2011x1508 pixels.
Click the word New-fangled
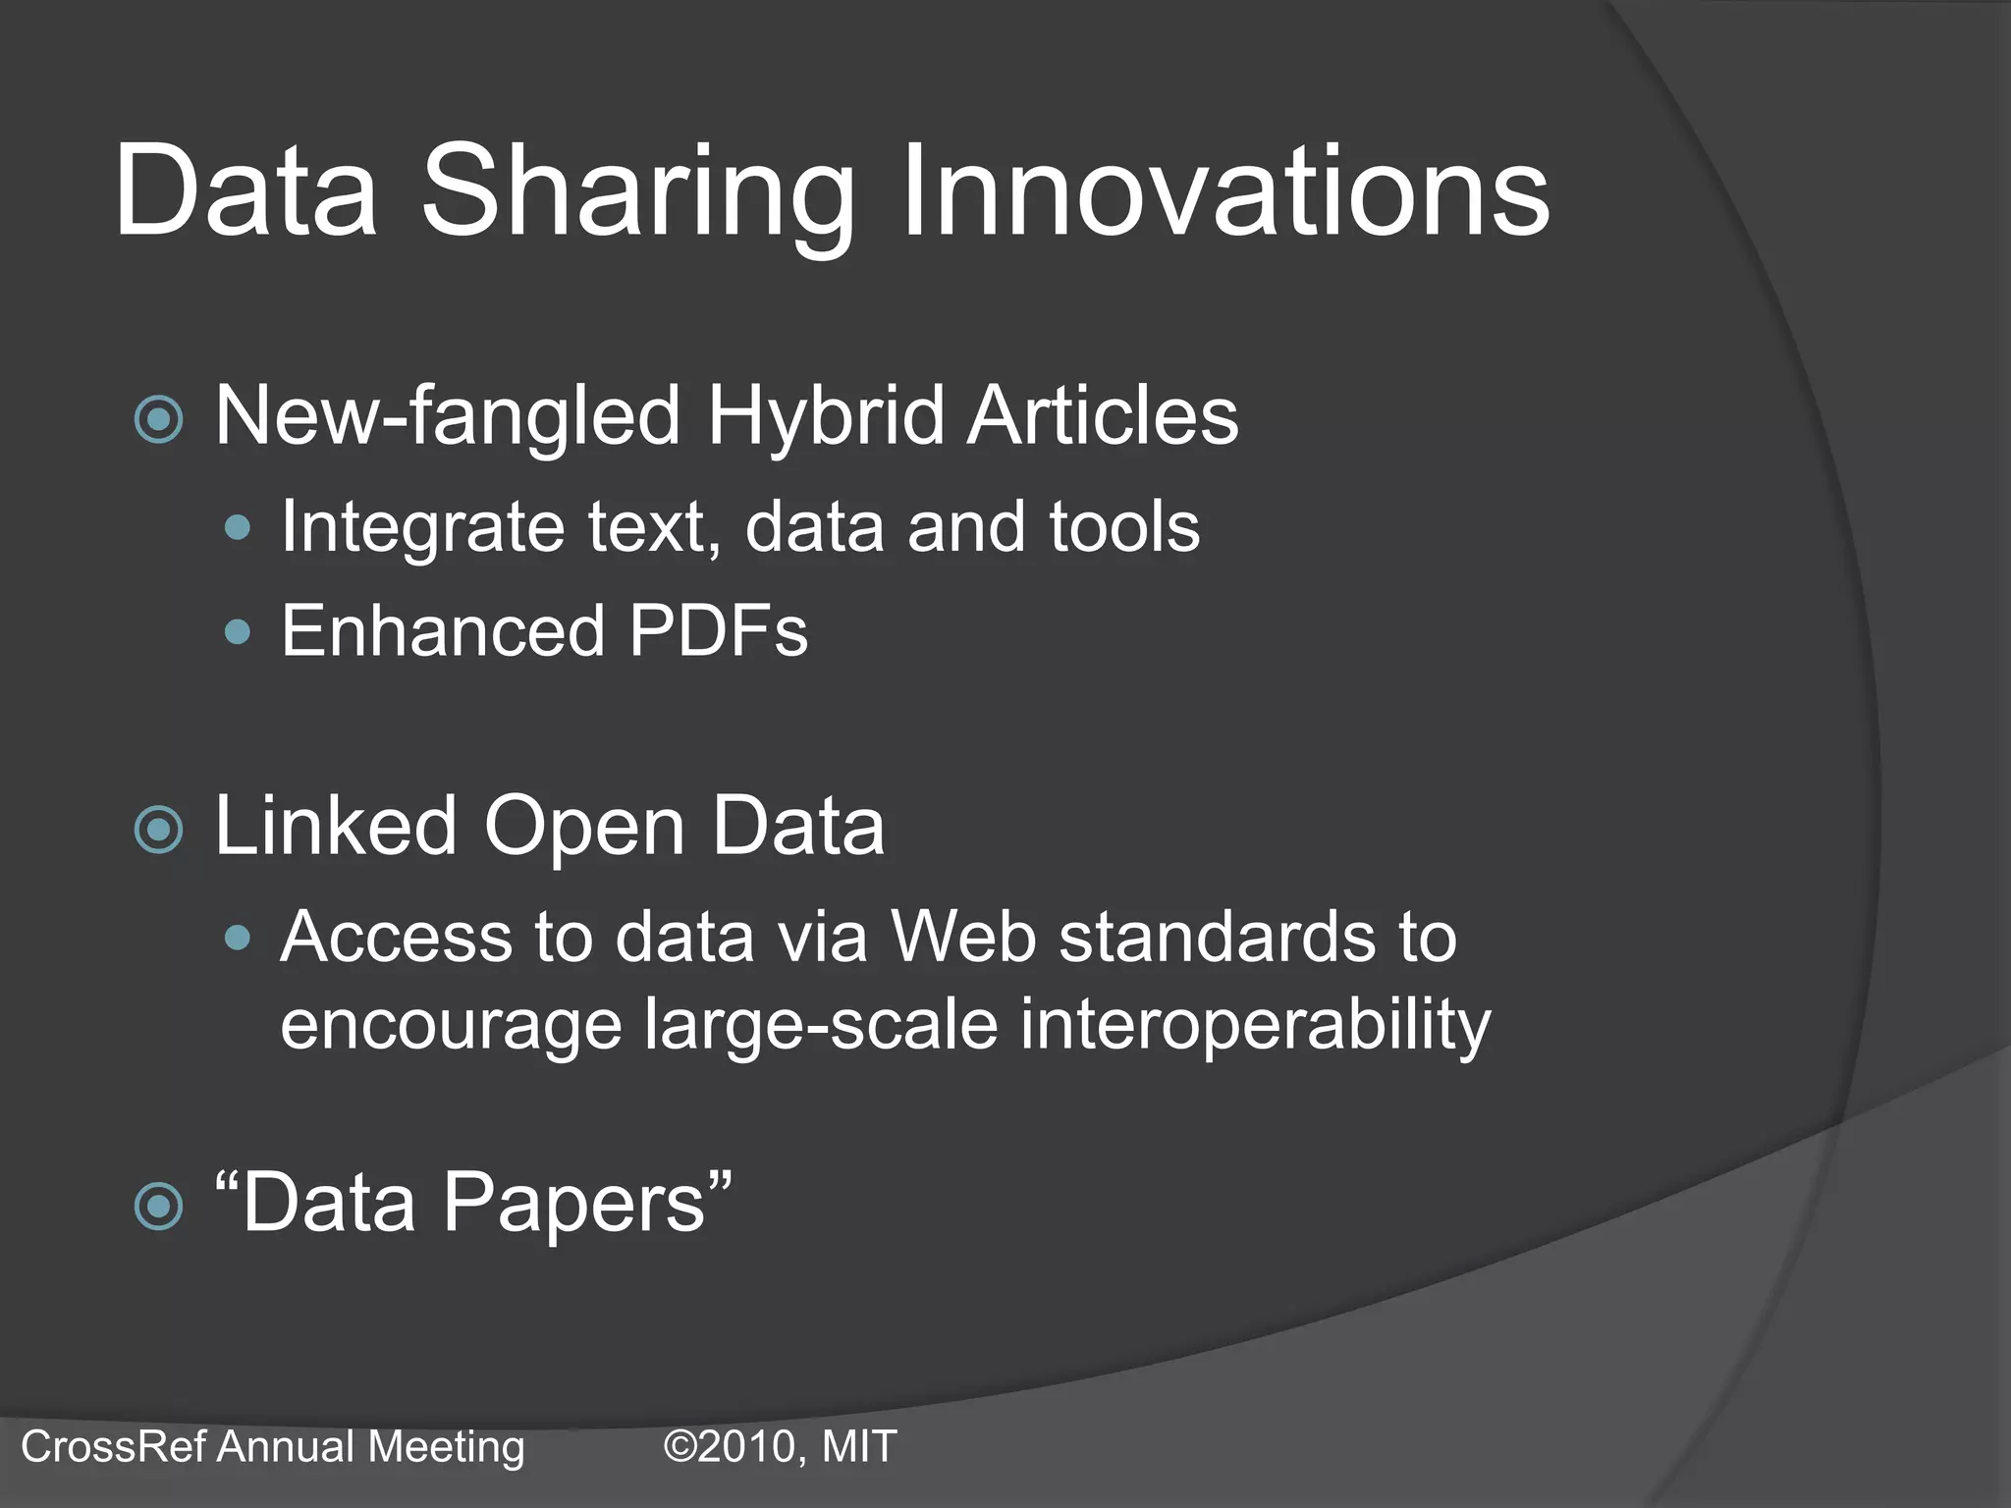(x=448, y=416)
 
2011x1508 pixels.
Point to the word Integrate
(x=422, y=528)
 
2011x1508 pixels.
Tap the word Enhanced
(x=442, y=630)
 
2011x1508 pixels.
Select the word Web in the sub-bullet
(x=962, y=937)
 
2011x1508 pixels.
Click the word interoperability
(x=1255, y=1025)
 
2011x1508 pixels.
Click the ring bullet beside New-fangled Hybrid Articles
(x=159, y=420)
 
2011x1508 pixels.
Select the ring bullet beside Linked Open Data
(x=159, y=831)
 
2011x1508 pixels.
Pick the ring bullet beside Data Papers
(x=159, y=1206)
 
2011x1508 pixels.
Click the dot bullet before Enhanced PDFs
(x=238, y=631)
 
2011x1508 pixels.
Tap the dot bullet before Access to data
(x=238, y=939)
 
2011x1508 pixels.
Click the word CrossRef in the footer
(x=114, y=1447)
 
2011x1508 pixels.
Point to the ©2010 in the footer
(x=732, y=1447)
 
